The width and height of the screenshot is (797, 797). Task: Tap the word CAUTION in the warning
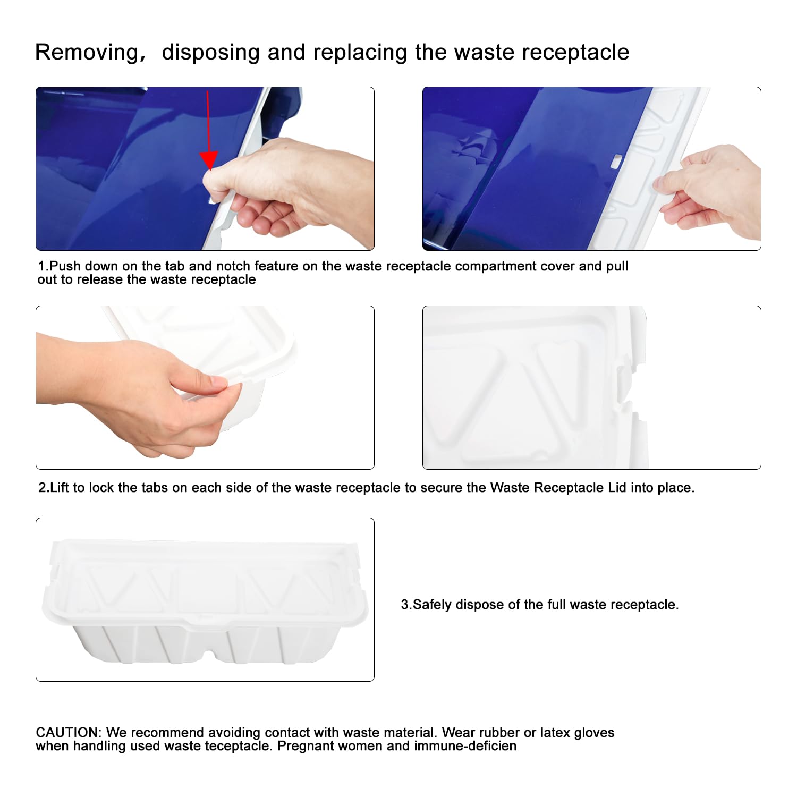(x=67, y=732)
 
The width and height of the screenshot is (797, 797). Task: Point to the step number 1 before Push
(x=41, y=266)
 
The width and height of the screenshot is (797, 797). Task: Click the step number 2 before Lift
(x=43, y=488)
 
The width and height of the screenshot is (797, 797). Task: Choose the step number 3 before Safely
(x=405, y=605)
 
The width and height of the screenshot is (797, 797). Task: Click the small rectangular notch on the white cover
(x=616, y=160)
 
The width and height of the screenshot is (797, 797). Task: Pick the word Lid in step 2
(x=617, y=488)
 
